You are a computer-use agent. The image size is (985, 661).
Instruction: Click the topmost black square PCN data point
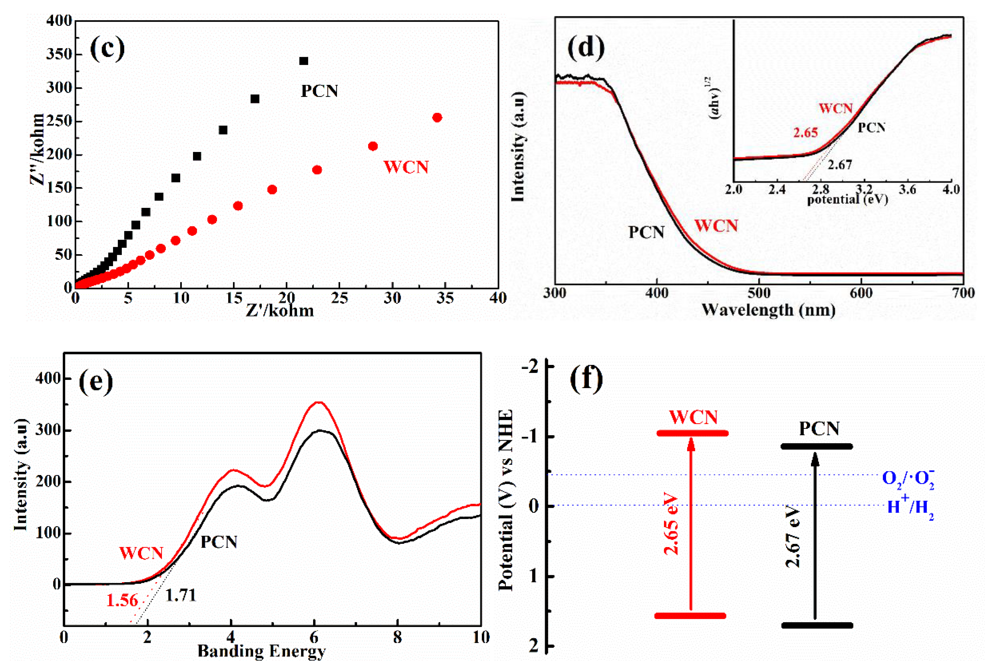(x=303, y=61)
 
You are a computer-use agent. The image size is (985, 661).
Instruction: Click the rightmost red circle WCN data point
(x=437, y=118)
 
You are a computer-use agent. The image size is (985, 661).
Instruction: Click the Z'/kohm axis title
(x=280, y=311)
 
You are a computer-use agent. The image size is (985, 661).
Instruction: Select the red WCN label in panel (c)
(x=406, y=167)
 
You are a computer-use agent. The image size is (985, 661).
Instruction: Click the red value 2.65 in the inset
(x=805, y=133)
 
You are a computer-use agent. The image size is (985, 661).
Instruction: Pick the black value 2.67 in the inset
(x=840, y=164)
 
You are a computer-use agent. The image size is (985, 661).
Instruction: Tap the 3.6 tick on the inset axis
(x=907, y=190)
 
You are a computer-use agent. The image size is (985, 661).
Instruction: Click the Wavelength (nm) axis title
(x=768, y=310)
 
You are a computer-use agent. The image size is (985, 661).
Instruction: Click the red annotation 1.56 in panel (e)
(x=122, y=600)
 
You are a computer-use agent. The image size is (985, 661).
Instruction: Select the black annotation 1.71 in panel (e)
(x=181, y=595)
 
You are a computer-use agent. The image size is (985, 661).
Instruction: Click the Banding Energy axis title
(x=261, y=651)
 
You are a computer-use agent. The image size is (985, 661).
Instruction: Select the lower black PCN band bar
(x=817, y=625)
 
